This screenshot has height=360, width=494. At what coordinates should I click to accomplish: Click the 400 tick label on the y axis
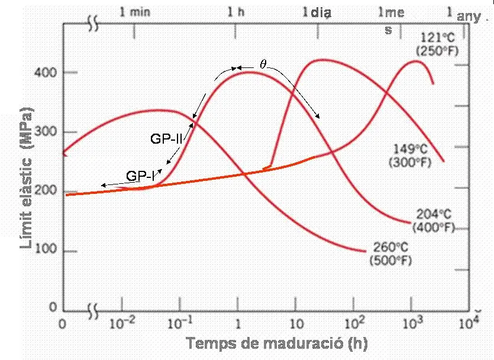click(x=49, y=73)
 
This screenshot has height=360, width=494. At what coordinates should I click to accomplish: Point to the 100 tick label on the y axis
click(x=49, y=251)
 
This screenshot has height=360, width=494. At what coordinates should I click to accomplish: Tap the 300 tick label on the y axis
click(x=49, y=132)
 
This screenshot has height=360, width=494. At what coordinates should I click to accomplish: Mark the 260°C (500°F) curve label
click(x=391, y=252)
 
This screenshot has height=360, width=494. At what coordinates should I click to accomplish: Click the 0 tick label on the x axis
click(x=63, y=324)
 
